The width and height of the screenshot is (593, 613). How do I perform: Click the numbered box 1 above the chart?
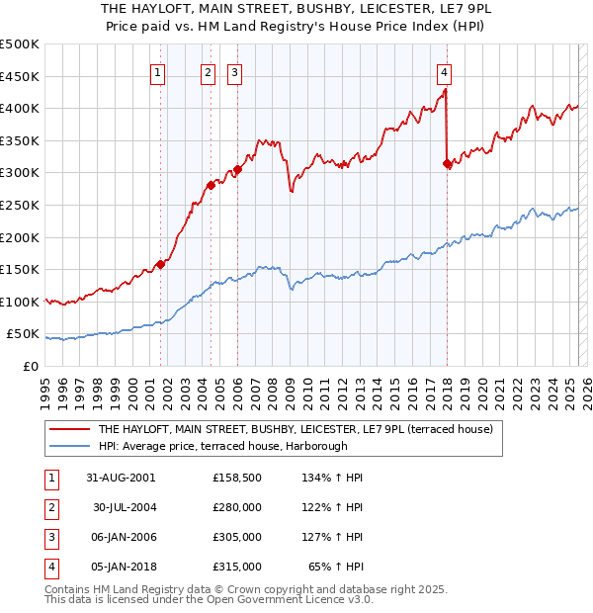tap(158, 71)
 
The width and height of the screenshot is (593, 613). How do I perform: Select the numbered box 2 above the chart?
tap(209, 71)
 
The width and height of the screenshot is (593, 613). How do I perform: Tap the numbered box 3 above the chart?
tap(234, 71)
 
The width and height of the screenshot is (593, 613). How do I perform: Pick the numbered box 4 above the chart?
tap(445, 71)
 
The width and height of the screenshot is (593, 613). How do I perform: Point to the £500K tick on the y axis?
tap(20, 44)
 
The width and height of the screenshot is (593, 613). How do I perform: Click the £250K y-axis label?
tap(20, 205)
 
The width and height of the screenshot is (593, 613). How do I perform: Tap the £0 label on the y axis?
tap(31, 366)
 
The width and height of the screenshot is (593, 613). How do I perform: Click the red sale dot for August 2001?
tap(160, 264)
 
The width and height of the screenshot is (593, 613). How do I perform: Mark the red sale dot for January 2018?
tap(447, 163)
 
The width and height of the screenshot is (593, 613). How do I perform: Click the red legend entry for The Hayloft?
tap(286, 430)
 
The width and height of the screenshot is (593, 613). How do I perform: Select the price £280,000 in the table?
tap(237, 507)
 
